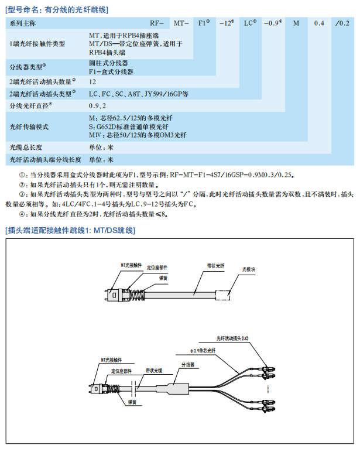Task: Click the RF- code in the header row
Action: pos(156,23)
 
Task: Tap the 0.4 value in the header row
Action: pos(319,23)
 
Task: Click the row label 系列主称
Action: pos(23,23)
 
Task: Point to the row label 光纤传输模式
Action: pos(29,126)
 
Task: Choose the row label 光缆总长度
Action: pos(26,148)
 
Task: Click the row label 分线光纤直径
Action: pos(30,105)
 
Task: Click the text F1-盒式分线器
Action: pos(111,71)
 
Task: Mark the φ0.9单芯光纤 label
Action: pos(204,350)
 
